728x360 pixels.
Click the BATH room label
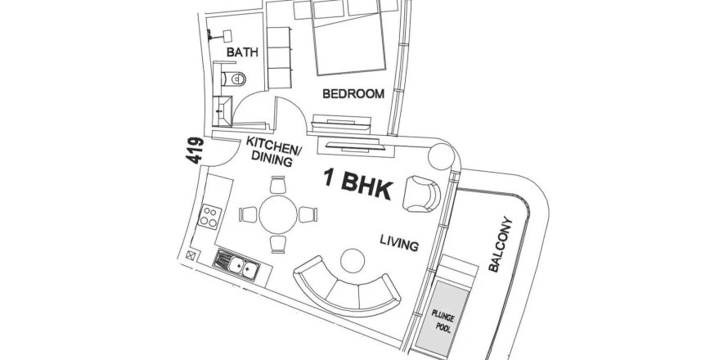tap(242, 52)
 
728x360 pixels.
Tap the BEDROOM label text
tap(353, 94)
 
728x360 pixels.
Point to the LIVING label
tap(399, 242)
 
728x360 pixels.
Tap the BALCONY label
tap(501, 245)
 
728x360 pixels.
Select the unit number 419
tap(195, 150)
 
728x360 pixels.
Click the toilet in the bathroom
tap(234, 79)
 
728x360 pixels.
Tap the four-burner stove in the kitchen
tap(210, 217)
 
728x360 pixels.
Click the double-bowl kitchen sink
tap(236, 265)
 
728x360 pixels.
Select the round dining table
tap(278, 214)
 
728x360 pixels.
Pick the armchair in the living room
tap(421, 194)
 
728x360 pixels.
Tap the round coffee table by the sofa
tap(353, 261)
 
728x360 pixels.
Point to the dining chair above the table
tap(278, 185)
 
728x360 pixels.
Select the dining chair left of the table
tap(248, 214)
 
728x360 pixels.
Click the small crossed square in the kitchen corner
tap(191, 254)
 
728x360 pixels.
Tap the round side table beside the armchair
tap(441, 156)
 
